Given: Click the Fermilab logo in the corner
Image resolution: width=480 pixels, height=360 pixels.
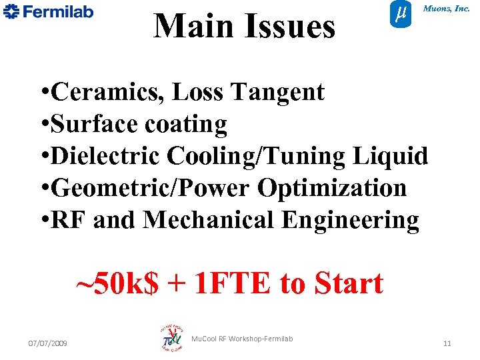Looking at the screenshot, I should click(x=49, y=12).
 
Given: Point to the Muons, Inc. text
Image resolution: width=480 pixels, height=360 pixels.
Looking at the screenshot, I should click(x=446, y=9).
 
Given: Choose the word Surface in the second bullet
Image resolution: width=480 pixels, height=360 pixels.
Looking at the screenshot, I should click(x=91, y=124).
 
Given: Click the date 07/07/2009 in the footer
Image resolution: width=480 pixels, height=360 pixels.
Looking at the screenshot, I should click(x=52, y=343).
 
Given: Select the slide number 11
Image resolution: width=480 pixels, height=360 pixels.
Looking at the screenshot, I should click(x=447, y=343).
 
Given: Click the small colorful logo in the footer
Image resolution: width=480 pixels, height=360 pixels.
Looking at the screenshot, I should click(x=172, y=339).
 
